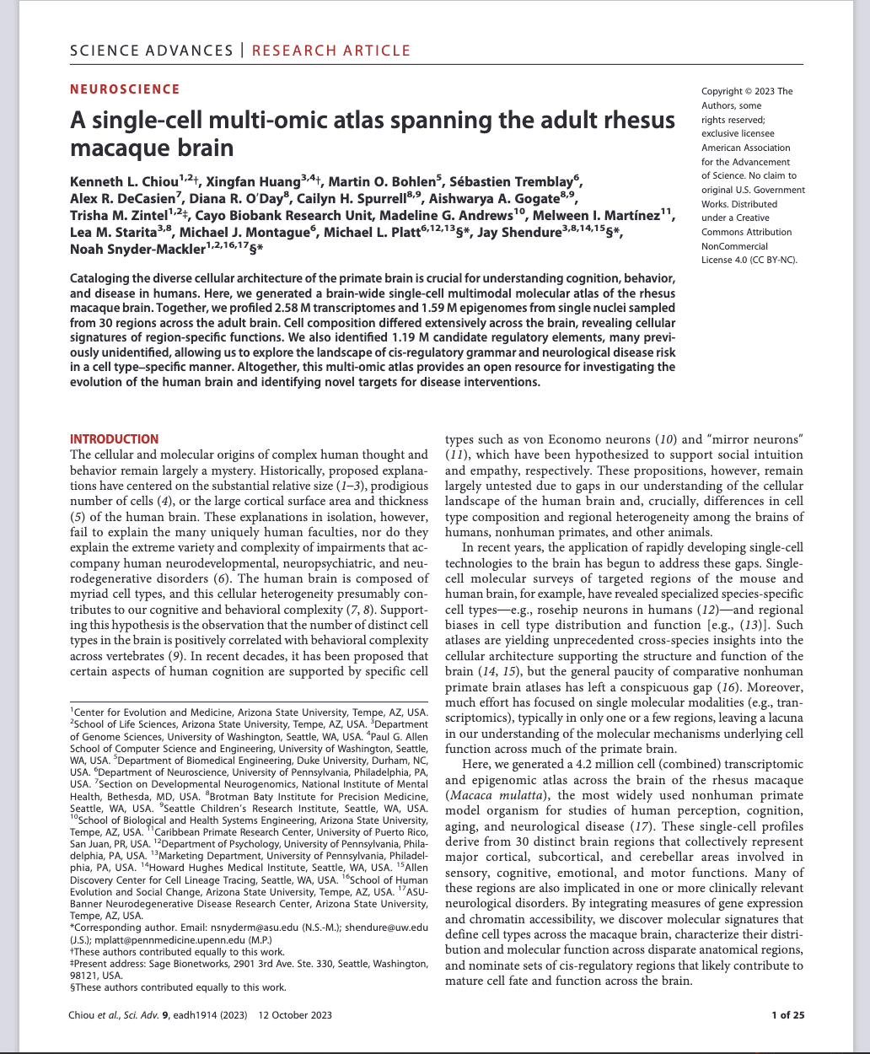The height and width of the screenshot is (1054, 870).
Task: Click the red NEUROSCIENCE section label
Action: (x=124, y=89)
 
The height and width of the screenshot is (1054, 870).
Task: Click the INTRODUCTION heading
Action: (x=114, y=439)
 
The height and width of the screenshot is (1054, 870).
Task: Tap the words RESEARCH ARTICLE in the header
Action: (x=331, y=51)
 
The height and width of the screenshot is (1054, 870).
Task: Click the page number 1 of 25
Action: (x=787, y=1015)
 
